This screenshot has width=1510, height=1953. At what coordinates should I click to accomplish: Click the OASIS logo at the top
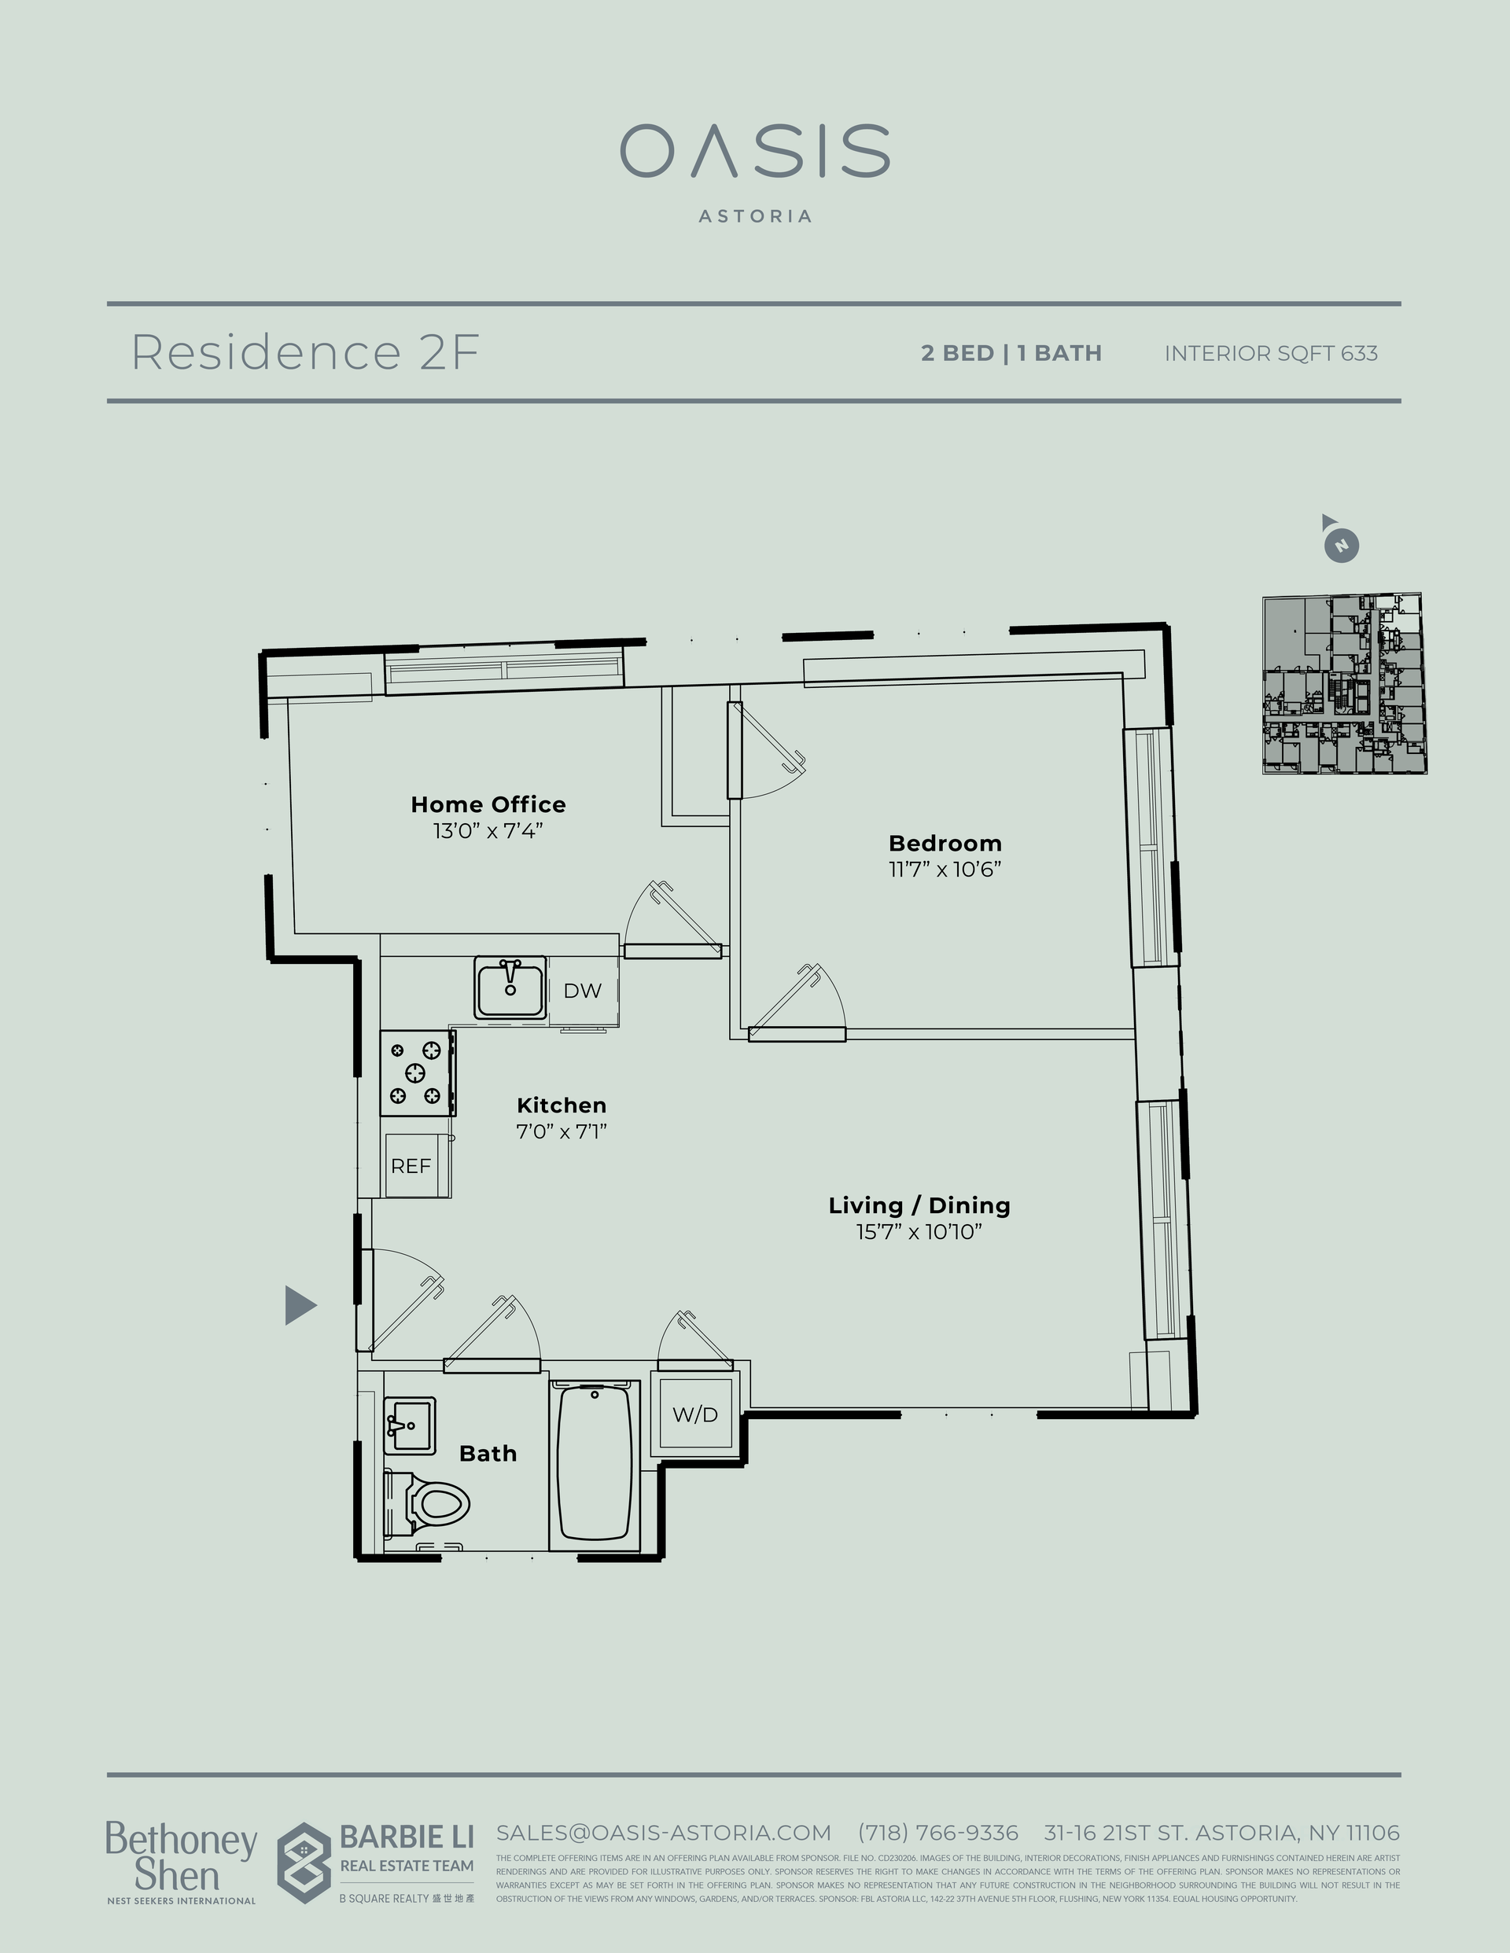(755, 152)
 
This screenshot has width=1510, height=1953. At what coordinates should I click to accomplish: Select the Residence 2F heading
(305, 352)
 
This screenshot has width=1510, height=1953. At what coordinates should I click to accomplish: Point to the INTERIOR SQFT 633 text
(1270, 353)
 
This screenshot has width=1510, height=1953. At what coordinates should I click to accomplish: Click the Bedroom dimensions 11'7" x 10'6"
(945, 870)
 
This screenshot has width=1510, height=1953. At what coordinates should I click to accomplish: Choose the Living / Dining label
(919, 1205)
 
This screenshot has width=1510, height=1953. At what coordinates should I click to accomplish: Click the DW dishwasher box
(582, 991)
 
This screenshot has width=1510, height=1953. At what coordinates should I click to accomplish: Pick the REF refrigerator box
(411, 1166)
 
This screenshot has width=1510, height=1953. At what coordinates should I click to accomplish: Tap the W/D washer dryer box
(695, 1414)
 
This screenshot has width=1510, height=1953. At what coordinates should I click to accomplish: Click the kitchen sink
(510, 988)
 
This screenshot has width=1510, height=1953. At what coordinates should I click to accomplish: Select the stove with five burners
(416, 1072)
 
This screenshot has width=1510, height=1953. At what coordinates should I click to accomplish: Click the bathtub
(594, 1463)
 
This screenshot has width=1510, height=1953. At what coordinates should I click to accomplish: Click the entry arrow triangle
(300, 1304)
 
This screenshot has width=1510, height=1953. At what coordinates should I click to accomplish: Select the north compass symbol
(1340, 542)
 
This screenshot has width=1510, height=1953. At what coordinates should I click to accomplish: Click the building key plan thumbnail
(1343, 684)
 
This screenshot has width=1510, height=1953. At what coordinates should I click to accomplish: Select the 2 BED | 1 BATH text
(1011, 353)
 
